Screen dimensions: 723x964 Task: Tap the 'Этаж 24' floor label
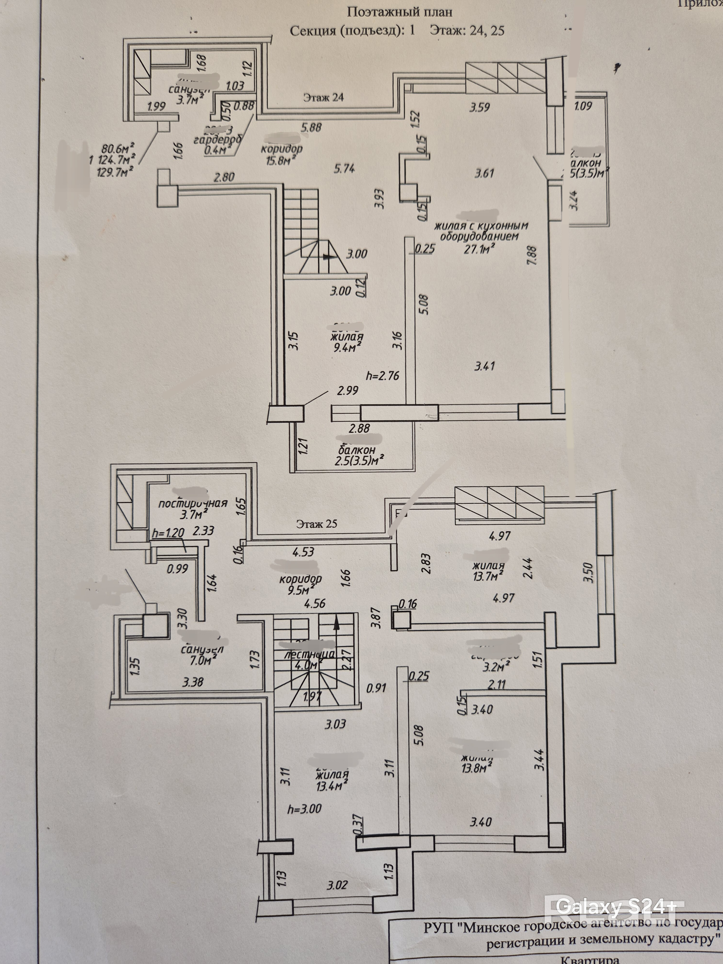point(323,98)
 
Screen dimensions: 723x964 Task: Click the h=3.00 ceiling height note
point(304,809)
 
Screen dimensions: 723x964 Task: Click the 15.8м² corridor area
point(279,160)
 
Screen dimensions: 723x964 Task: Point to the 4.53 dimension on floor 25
point(303,552)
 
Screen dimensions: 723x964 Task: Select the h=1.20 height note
point(169,532)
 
